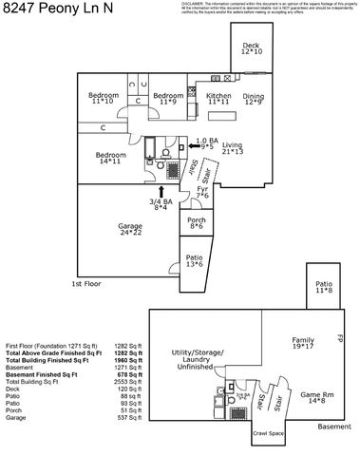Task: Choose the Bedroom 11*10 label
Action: click(104, 98)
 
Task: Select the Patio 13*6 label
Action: click(195, 260)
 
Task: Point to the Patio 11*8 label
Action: click(325, 287)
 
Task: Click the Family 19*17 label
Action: click(303, 343)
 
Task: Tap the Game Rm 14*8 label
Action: click(313, 397)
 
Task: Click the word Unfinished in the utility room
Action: click(199, 368)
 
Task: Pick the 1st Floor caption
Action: click(86, 283)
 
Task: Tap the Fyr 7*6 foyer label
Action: click(202, 192)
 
